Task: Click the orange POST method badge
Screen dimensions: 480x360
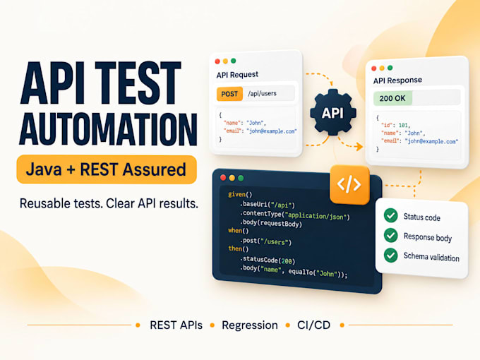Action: pyautogui.click(x=229, y=94)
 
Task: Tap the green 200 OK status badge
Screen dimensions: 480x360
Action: pyautogui.click(x=392, y=98)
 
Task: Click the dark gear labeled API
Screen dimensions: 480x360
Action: pyautogui.click(x=332, y=112)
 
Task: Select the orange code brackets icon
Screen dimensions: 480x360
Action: pyautogui.click(x=349, y=185)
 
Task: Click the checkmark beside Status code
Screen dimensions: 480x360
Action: pyautogui.click(x=390, y=215)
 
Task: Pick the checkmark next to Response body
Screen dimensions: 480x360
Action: pyautogui.click(x=390, y=235)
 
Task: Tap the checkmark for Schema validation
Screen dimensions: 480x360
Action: pyautogui.click(x=390, y=256)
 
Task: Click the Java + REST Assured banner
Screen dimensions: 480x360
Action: pyautogui.click(x=107, y=169)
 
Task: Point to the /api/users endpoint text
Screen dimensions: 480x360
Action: pyautogui.click(x=262, y=93)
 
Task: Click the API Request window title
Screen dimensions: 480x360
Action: pyautogui.click(x=237, y=75)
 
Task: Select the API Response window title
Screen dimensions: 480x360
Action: pyautogui.click(x=397, y=80)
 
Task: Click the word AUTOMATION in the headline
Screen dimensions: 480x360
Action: pyautogui.click(x=109, y=129)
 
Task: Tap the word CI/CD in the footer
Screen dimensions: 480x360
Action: pyautogui.click(x=314, y=325)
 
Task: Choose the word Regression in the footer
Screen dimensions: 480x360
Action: pyautogui.click(x=250, y=325)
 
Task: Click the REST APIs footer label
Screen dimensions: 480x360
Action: pyautogui.click(x=176, y=325)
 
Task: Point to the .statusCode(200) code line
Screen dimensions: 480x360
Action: pyautogui.click(x=268, y=260)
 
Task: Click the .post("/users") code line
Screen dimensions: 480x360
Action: pyautogui.click(x=265, y=241)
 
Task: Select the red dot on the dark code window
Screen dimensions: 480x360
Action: pyautogui.click(x=223, y=178)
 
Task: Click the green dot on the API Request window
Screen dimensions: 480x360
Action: pyautogui.click(x=233, y=61)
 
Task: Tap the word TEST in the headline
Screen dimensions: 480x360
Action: pyautogui.click(x=138, y=83)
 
